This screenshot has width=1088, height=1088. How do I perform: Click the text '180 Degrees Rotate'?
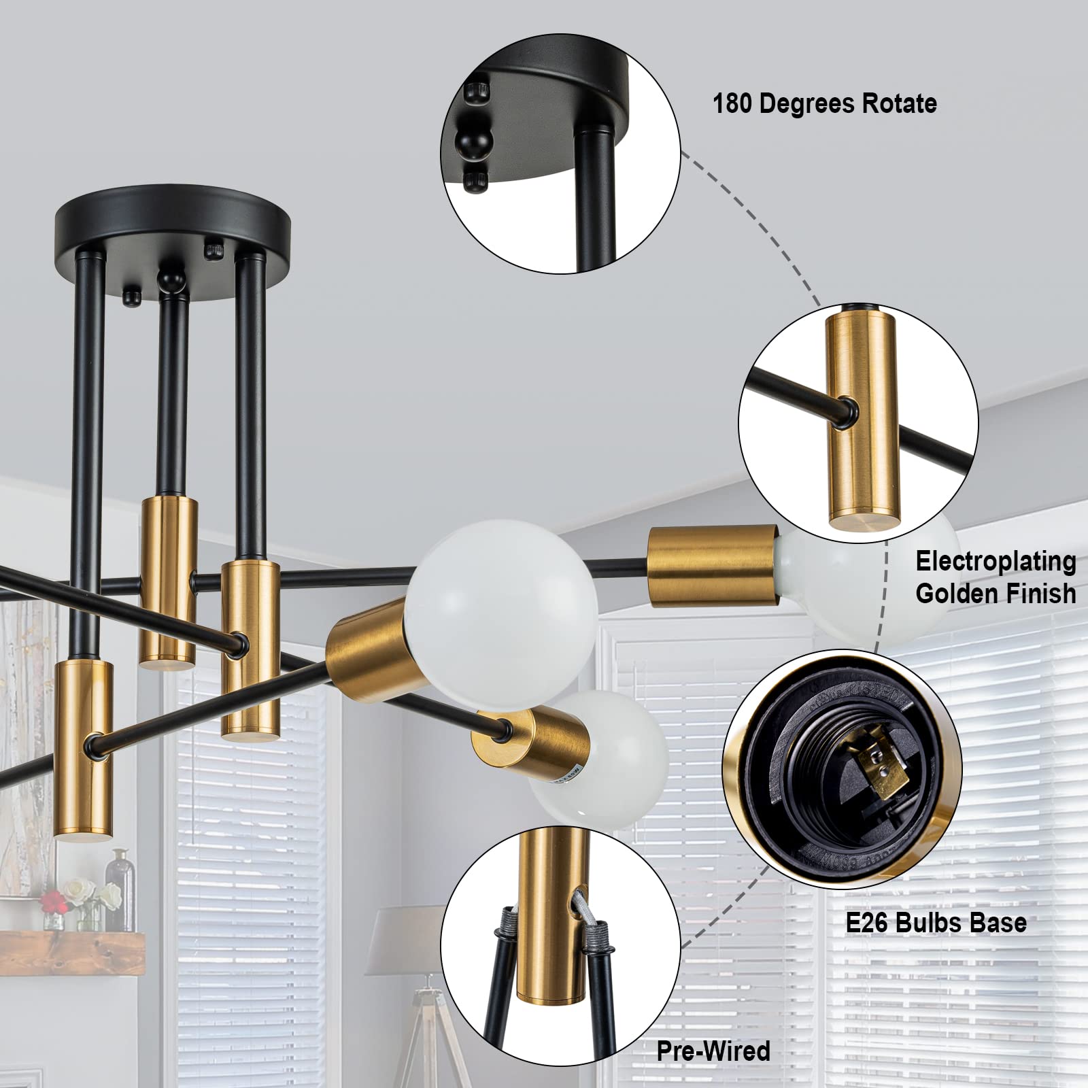click(824, 103)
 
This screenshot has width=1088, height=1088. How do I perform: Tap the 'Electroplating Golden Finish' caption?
click(995, 577)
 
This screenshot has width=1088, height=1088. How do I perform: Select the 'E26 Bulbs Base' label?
click(936, 923)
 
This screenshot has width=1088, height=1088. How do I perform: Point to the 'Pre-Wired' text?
click(713, 1051)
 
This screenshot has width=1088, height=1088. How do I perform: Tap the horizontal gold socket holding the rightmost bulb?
click(711, 566)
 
